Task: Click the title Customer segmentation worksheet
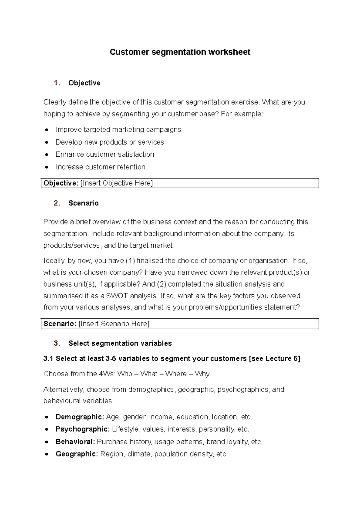tap(180, 52)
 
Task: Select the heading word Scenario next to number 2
tap(83, 203)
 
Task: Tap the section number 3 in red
tap(56, 343)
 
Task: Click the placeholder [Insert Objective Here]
tap(116, 183)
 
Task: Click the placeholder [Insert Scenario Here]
tap(114, 324)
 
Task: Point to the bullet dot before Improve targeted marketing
tap(46, 130)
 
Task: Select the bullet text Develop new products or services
tap(109, 142)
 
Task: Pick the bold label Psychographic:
tap(82, 429)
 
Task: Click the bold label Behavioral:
tap(75, 442)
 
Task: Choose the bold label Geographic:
tap(77, 454)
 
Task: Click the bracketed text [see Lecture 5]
tap(274, 359)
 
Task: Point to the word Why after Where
tap(202, 374)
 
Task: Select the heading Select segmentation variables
tap(120, 343)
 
